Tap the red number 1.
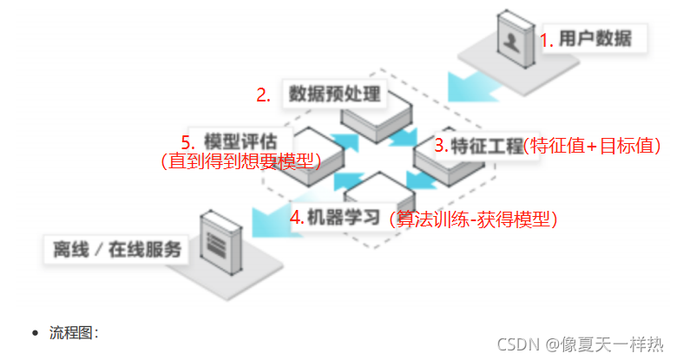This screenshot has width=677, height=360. [546, 40]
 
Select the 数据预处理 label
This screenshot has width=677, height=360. [335, 94]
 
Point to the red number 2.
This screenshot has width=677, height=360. [263, 95]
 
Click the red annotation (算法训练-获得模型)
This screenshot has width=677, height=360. [474, 219]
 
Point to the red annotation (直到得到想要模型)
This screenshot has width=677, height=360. [241, 160]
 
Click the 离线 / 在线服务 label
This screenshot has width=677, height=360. [117, 251]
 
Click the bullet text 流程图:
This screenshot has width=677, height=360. [75, 332]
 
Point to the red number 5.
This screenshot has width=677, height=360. [186, 141]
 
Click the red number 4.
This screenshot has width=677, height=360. [296, 218]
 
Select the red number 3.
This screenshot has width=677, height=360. [441, 146]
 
